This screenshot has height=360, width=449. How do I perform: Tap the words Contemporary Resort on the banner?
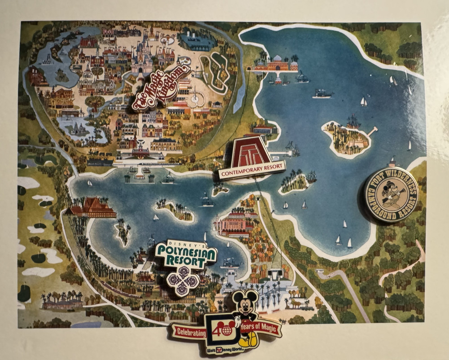pos(252,170)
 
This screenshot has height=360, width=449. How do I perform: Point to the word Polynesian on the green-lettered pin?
pos(186,253)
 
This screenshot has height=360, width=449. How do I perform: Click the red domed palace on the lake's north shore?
pos(275,64)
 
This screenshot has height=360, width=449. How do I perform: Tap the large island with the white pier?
pos(347,138)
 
